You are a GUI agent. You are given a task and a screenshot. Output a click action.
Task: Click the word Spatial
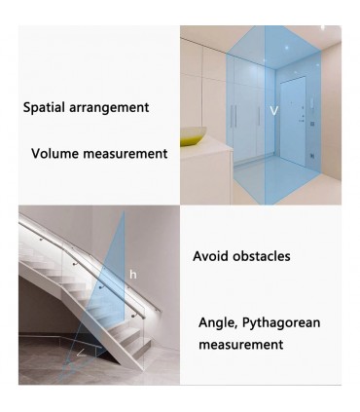click(x=44, y=107)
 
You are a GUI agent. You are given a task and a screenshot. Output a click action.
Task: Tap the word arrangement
click(x=109, y=108)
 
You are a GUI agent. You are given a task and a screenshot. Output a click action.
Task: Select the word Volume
click(x=55, y=153)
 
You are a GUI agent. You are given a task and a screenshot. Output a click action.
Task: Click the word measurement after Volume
click(x=126, y=154)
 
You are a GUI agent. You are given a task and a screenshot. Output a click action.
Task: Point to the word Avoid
click(x=211, y=256)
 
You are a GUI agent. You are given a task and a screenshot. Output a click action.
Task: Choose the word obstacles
click(x=262, y=256)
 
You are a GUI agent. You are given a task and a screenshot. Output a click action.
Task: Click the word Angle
click(x=219, y=323)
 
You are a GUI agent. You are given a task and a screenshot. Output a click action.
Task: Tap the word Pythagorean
click(x=281, y=323)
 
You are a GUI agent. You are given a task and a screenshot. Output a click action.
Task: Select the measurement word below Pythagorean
click(x=241, y=345)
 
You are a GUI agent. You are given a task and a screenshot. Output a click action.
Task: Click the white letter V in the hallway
click(x=274, y=111)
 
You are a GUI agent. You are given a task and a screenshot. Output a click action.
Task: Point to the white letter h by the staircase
click(x=133, y=275)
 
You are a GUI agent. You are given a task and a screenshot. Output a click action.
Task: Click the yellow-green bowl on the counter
click(x=194, y=136)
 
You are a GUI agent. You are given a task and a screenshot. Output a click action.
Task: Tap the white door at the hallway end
click(x=293, y=121)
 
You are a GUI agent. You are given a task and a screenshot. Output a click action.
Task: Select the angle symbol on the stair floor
click(x=81, y=353)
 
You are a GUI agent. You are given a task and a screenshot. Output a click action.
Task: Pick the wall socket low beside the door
click(x=312, y=155)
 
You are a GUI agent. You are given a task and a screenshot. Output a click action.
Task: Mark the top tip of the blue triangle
click(x=124, y=211)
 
